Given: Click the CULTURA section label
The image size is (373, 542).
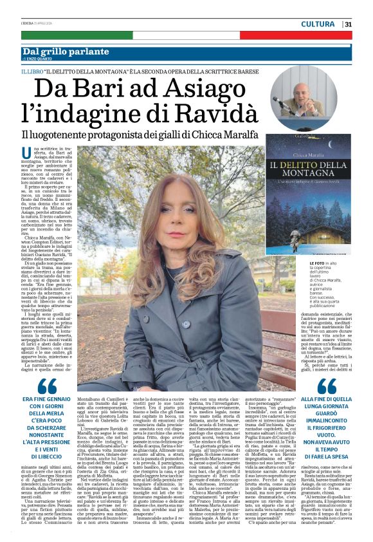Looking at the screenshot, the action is [x=318, y=24].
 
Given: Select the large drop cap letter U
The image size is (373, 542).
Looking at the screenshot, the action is [x=26, y=153].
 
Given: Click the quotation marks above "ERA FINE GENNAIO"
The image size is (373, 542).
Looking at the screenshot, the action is [x=46, y=386].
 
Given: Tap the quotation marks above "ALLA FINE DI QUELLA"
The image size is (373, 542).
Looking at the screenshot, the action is [x=327, y=385].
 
